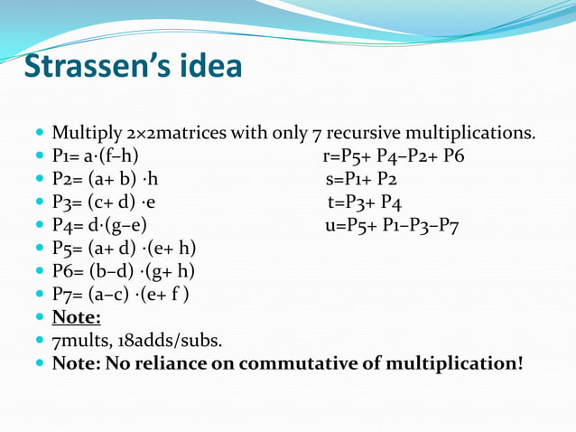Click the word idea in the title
209,67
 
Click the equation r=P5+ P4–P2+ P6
394,156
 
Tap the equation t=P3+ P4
366,202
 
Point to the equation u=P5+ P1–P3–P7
392,225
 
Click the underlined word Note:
76,317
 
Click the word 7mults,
82,341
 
